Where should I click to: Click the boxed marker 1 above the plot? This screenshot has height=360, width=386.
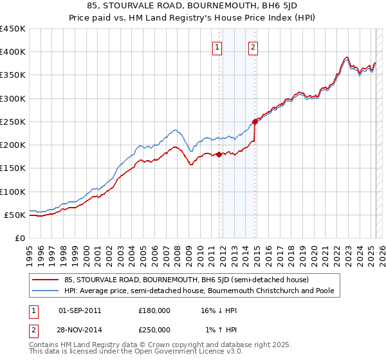click(217, 47)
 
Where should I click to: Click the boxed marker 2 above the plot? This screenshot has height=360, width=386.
click(253, 47)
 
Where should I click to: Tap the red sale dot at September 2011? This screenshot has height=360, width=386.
click(219, 154)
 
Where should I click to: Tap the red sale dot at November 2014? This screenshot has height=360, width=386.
click(255, 121)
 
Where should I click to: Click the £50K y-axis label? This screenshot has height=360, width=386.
click(15, 215)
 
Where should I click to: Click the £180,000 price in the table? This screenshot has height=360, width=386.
click(154, 310)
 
